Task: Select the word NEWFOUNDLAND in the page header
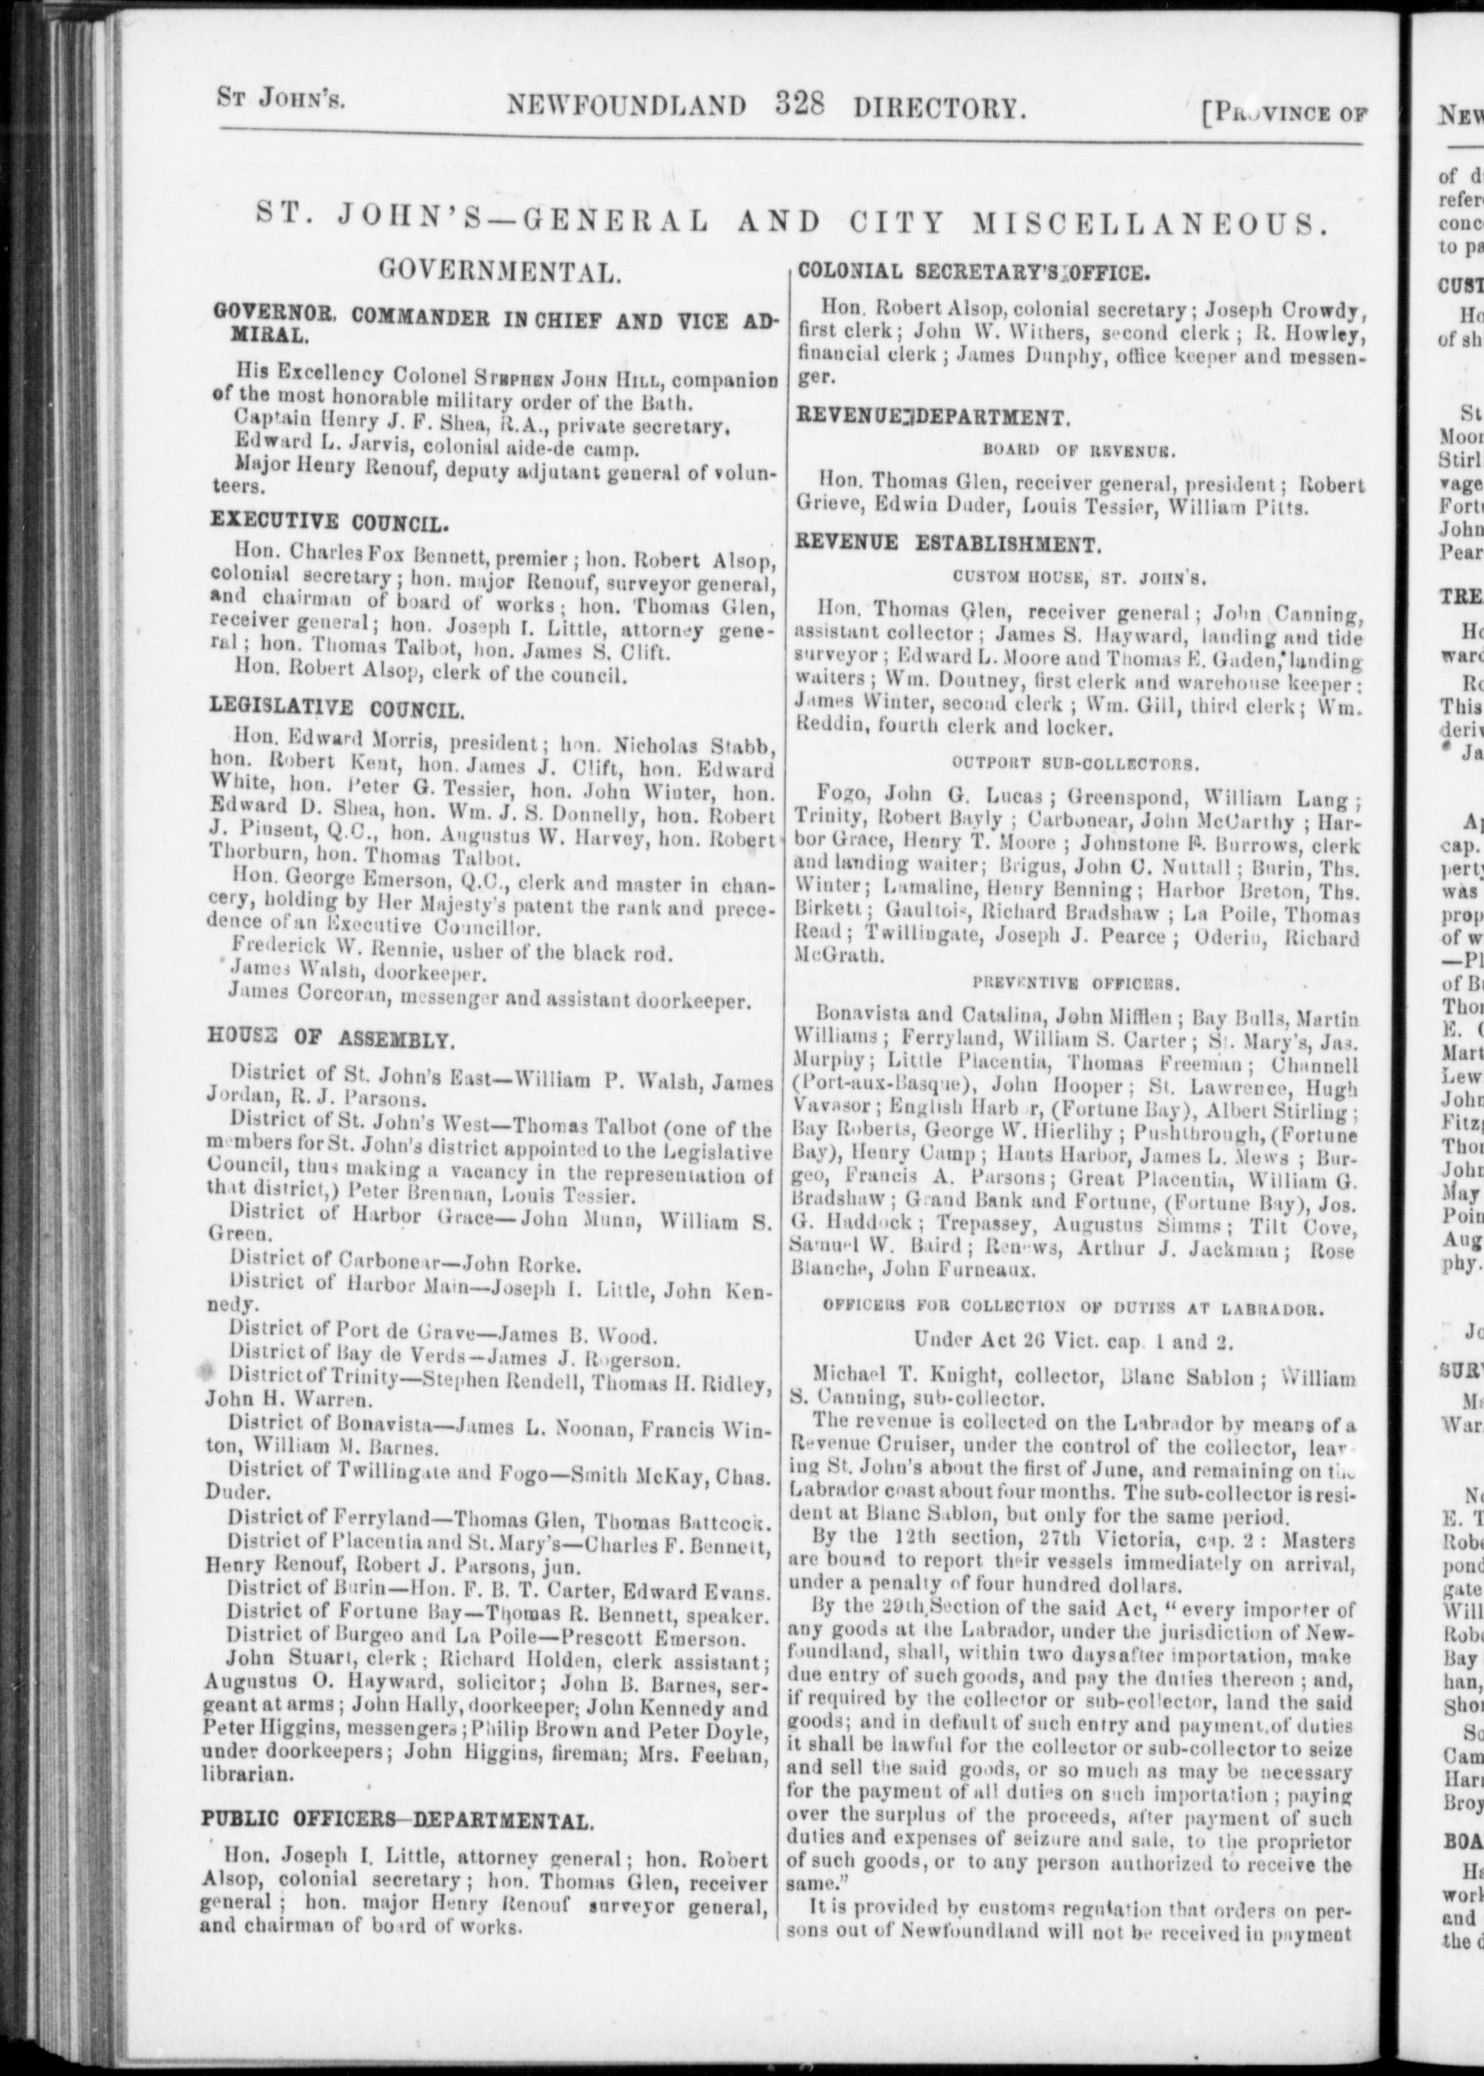coord(628,107)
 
